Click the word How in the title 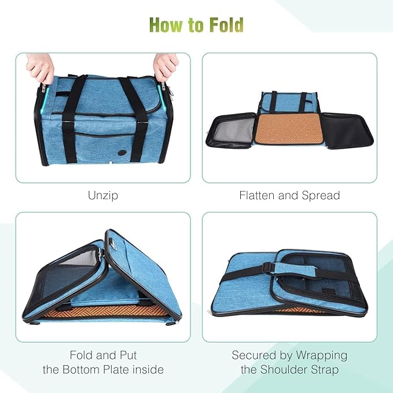click(167, 25)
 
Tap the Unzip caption click(103, 195)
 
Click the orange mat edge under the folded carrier click(98, 314)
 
